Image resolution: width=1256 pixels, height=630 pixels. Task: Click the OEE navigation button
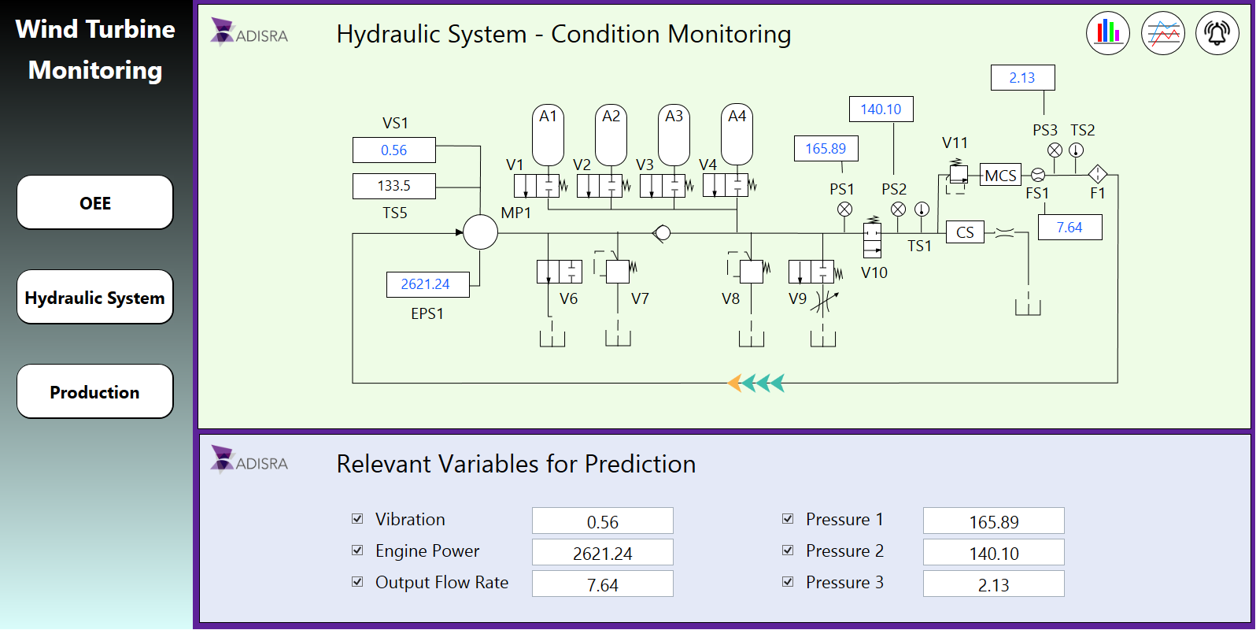click(94, 202)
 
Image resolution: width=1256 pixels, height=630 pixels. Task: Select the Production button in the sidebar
click(94, 391)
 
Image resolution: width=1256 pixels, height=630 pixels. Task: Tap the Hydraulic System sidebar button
click(94, 297)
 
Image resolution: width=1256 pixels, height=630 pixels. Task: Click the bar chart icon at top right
click(1108, 33)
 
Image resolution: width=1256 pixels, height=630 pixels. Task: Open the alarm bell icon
click(1217, 33)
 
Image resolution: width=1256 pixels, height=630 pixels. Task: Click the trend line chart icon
click(1162, 33)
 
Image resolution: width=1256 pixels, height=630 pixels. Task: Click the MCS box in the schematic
click(1000, 176)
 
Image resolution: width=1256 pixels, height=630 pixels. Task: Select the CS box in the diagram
click(965, 232)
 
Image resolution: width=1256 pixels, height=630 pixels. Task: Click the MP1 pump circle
click(480, 232)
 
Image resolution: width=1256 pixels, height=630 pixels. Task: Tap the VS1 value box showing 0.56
click(393, 150)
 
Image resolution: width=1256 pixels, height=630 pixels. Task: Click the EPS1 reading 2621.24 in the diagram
click(427, 284)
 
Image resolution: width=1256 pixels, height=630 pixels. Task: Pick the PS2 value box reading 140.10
click(881, 109)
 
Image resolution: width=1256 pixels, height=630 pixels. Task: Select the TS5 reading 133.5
click(393, 186)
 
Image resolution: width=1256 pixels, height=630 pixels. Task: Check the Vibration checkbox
click(357, 519)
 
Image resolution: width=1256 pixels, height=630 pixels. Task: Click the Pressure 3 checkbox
click(788, 582)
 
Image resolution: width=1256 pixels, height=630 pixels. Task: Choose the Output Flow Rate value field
click(602, 584)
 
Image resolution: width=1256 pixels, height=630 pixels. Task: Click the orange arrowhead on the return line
click(734, 384)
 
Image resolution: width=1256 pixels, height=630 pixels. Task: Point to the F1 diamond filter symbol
click(1097, 174)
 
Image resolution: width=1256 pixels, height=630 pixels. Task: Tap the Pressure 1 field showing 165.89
click(993, 521)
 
